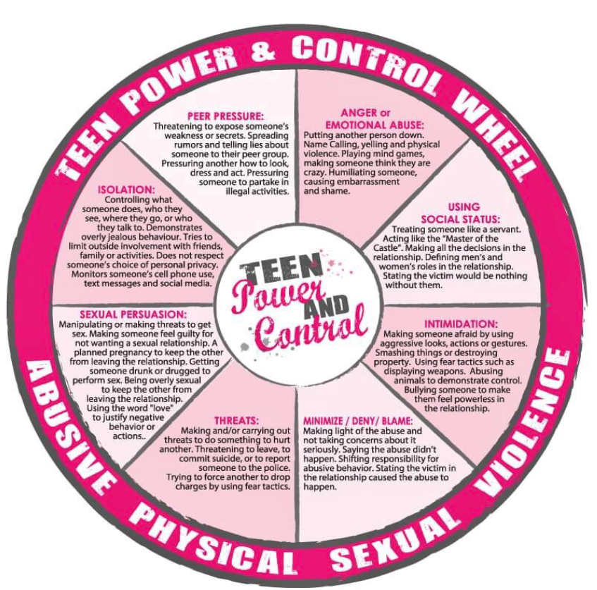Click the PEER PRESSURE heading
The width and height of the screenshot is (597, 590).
[226, 116]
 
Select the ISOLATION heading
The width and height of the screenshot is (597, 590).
[126, 190]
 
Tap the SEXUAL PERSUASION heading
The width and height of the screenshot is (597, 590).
[133, 314]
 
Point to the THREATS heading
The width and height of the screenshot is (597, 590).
[236, 421]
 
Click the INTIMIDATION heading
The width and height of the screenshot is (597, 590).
[461, 324]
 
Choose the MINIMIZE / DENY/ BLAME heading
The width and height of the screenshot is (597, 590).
[358, 421]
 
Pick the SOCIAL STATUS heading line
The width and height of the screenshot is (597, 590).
[460, 219]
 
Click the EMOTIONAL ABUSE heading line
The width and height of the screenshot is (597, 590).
[374, 125]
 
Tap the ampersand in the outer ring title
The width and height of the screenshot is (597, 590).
[264, 49]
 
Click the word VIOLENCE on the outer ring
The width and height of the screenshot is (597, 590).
[524, 423]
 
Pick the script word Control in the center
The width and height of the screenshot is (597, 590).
[310, 329]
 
